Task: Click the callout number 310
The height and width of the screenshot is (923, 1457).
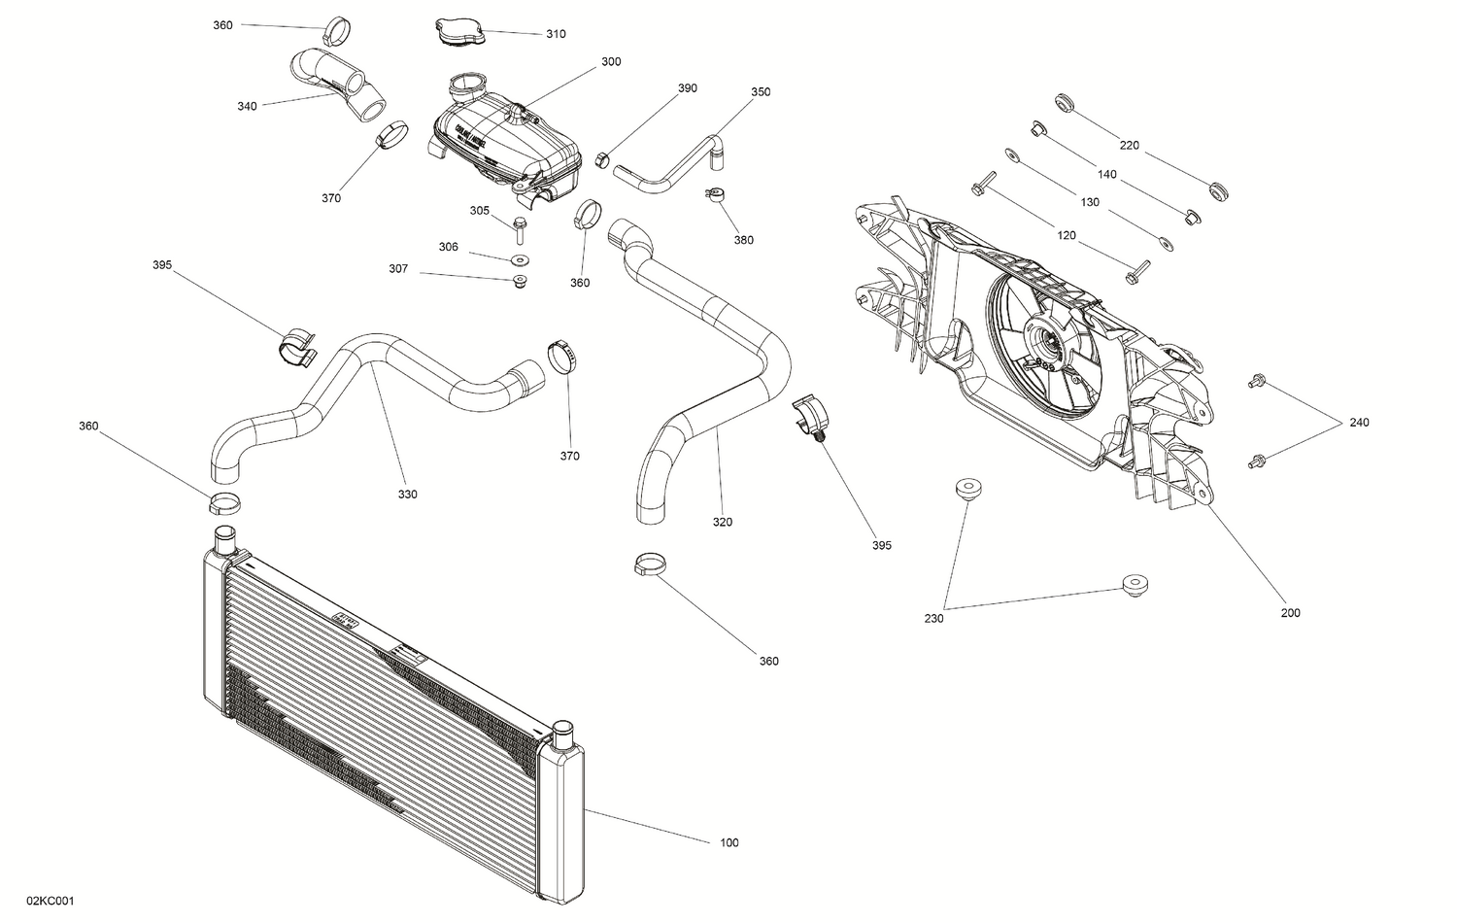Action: click(x=555, y=34)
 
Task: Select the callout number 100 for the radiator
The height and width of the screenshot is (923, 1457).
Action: click(x=728, y=842)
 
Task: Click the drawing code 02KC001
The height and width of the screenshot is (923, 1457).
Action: click(x=51, y=901)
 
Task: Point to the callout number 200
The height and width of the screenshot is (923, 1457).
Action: click(x=1290, y=613)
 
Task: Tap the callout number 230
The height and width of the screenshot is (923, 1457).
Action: click(x=933, y=617)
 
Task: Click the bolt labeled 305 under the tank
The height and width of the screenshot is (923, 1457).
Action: click(x=520, y=229)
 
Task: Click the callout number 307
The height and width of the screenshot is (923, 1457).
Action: click(x=398, y=269)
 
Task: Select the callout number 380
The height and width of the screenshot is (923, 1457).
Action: click(x=743, y=240)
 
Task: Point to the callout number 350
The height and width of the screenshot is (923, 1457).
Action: click(x=761, y=92)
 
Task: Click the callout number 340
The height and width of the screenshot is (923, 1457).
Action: click(x=247, y=106)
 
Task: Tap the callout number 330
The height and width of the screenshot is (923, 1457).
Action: click(x=407, y=495)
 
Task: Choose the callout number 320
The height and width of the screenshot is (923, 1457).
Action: click(x=722, y=522)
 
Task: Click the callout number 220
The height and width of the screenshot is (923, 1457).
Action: click(x=1129, y=146)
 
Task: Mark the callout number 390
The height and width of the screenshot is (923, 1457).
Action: click(x=687, y=88)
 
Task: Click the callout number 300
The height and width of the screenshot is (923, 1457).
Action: click(x=611, y=61)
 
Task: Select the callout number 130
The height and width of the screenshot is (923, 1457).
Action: click(x=1090, y=203)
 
